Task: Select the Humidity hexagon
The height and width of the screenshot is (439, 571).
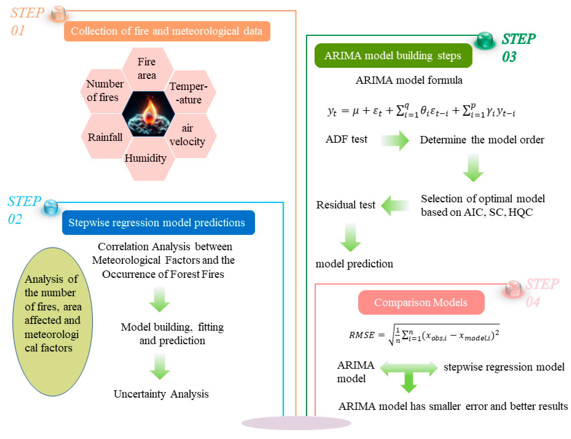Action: [x=148, y=159]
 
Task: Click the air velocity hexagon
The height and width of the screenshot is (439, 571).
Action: [x=190, y=135]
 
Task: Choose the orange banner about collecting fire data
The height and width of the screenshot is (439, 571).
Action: [x=167, y=31]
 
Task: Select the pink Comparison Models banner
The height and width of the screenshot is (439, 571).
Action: [x=420, y=302]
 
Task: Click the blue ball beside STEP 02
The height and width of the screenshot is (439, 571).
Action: [x=51, y=207]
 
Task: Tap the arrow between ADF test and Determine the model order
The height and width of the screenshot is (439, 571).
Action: [x=395, y=140]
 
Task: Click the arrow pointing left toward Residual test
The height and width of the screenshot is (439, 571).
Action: [x=395, y=205]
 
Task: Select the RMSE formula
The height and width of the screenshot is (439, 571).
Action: [x=423, y=334]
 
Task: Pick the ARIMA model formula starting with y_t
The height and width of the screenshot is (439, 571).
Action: [x=421, y=111]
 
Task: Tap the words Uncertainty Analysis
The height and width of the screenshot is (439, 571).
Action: [x=161, y=394]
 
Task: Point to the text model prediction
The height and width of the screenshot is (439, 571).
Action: [x=354, y=264]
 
